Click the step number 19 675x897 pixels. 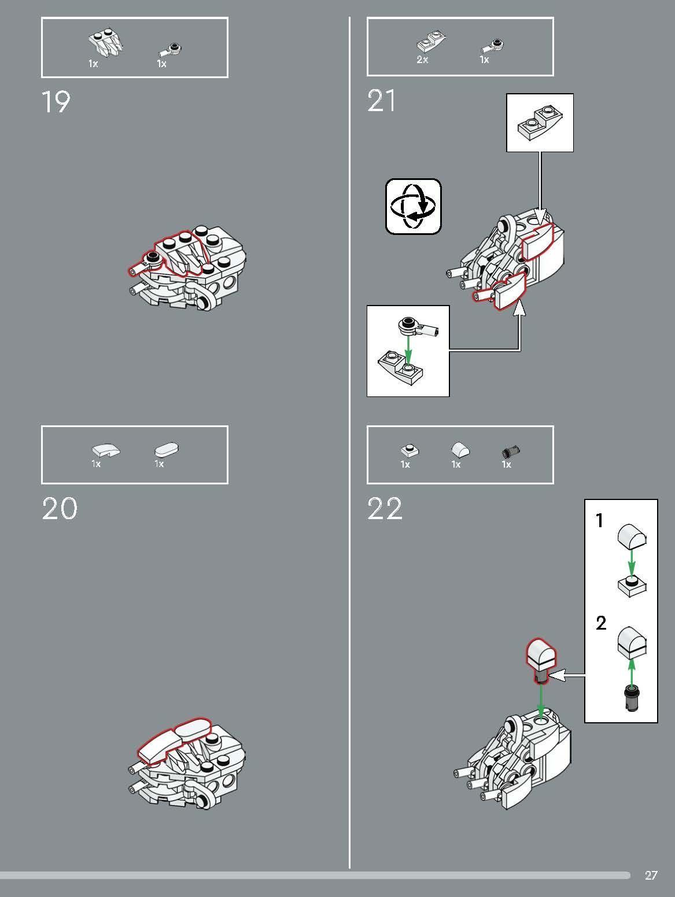(56, 102)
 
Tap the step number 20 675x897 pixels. (59, 509)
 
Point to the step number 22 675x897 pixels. (385, 509)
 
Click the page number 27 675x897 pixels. (651, 875)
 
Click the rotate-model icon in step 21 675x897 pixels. (414, 207)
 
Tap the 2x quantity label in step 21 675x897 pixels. (422, 60)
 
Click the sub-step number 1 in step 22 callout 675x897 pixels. (600, 521)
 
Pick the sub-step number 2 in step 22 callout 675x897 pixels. (601, 623)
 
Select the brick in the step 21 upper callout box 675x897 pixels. (539, 122)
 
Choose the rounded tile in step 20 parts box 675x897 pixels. (167, 450)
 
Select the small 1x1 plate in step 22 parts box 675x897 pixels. (410, 450)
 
